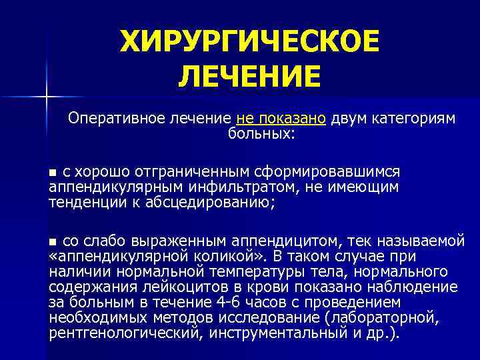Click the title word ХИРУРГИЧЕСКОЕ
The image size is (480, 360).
[249, 43]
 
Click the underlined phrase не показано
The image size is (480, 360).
[281, 119]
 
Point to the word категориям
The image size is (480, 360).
[414, 119]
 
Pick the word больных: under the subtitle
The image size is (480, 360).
[261, 134]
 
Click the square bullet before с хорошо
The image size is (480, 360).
[54, 173]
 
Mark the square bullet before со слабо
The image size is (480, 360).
[54, 241]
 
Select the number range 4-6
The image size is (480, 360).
[225, 303]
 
